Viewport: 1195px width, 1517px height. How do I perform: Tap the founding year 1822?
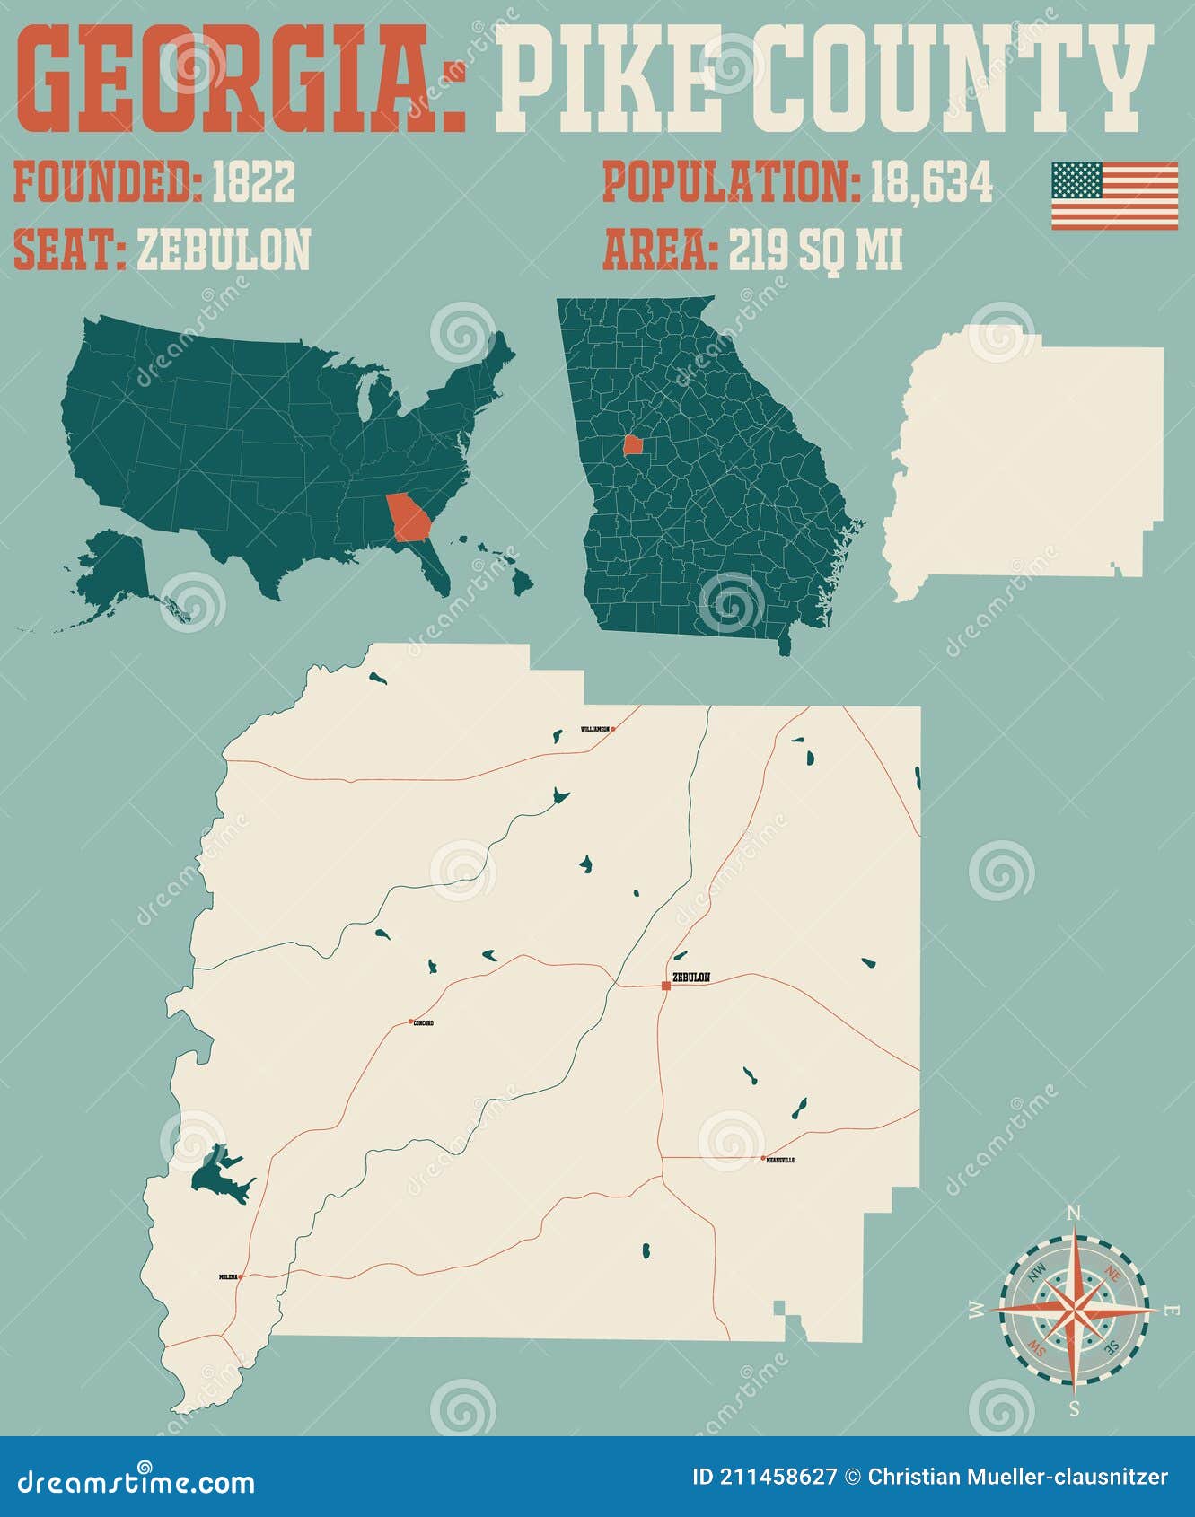pyautogui.click(x=253, y=183)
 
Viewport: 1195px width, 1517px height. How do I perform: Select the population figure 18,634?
pyautogui.click(x=932, y=183)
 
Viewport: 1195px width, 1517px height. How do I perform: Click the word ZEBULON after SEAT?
pyautogui.click(x=224, y=250)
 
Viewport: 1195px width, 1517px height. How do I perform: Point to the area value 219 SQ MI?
pyautogui.click(x=815, y=250)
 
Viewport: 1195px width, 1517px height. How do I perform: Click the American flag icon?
pyautogui.click(x=1114, y=196)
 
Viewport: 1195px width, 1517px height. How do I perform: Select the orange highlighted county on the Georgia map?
pyautogui.click(x=634, y=445)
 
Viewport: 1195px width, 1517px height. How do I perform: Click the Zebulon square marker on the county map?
pyautogui.click(x=665, y=986)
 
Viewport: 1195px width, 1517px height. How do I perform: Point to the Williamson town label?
pyautogui.click(x=594, y=729)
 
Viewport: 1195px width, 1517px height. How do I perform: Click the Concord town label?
pyautogui.click(x=423, y=1022)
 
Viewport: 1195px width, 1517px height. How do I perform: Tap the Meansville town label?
pyautogui.click(x=780, y=1160)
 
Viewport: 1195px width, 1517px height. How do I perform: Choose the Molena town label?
pyautogui.click(x=228, y=1276)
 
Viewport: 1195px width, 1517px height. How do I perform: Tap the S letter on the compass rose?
pyautogui.click(x=1075, y=1407)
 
